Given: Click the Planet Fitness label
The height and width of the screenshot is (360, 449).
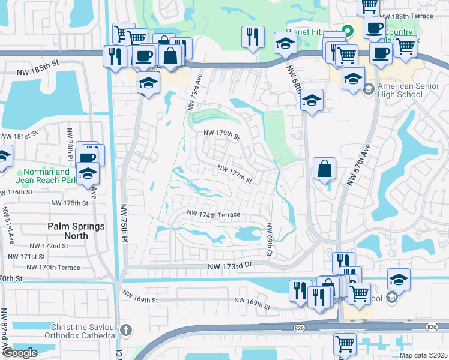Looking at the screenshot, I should click(312, 32).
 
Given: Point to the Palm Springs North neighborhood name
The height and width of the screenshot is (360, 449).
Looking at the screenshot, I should click(76, 231).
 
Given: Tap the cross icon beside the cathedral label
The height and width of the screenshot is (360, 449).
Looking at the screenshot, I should click(125, 329).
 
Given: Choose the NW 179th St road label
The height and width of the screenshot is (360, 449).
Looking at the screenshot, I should click(221, 135).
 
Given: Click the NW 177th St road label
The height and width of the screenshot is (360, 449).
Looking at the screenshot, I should click(234, 174).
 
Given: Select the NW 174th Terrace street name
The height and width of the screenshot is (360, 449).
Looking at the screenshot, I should click(213, 214).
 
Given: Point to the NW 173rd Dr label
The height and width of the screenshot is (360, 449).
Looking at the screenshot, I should click(232, 265).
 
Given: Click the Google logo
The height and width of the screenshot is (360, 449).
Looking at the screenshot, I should click(19, 353).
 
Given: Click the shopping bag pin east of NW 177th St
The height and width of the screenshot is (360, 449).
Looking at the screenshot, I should click(324, 169).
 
